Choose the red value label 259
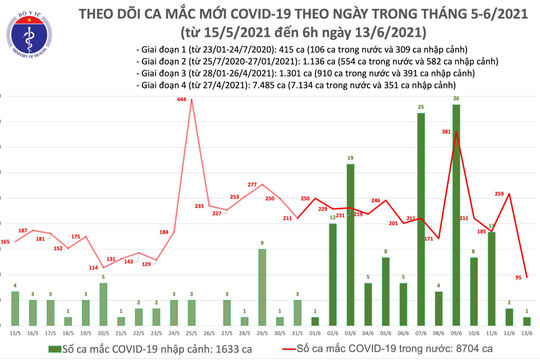[x=499, y=193]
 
